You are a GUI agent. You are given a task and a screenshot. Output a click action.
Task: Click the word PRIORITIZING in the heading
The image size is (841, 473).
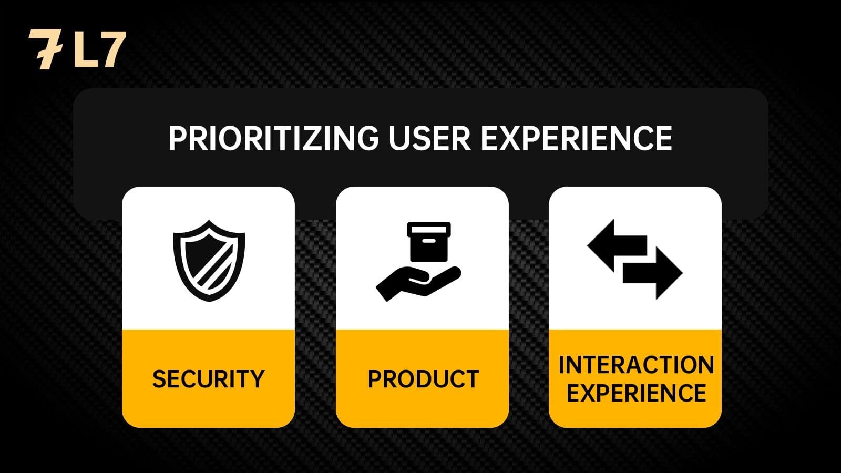tap(273, 138)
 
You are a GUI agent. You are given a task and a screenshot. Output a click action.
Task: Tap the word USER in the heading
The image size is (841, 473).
tap(429, 138)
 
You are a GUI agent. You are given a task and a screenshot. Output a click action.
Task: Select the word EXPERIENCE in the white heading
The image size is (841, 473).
tap(576, 138)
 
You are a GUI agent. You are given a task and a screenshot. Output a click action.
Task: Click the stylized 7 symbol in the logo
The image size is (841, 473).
tap(45, 49)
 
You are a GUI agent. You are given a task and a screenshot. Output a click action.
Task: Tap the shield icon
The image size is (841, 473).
tap(209, 261)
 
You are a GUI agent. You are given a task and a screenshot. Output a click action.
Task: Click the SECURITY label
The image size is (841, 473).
tap(208, 378)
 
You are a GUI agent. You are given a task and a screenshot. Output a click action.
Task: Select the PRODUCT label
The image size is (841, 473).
tap(423, 378)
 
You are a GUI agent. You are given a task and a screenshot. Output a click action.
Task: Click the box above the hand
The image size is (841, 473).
tap(429, 242)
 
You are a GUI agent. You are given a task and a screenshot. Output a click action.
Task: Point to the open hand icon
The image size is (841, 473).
tap(418, 283)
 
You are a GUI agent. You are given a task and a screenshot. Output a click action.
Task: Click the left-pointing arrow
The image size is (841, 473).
tap(617, 245)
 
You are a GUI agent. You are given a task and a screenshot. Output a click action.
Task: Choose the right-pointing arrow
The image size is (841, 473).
tap(652, 273)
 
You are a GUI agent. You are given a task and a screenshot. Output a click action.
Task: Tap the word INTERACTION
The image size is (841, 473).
tap(636, 365)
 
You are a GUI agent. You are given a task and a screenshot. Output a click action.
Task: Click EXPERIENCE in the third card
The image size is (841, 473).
tap(636, 393)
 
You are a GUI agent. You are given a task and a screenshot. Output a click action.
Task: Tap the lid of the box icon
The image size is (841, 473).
tap(429, 229)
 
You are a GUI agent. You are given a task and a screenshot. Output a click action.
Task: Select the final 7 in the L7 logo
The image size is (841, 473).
tap(112, 50)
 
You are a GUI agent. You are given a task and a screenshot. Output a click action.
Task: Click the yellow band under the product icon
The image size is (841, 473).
tap(423, 378)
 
